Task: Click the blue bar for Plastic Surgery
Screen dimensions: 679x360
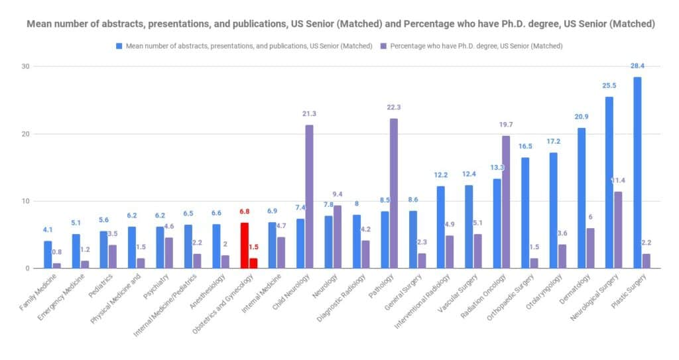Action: [637, 172]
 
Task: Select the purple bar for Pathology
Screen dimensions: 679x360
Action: [394, 193]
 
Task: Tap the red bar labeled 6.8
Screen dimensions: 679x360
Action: [245, 245]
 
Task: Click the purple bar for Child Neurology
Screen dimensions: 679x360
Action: [309, 197]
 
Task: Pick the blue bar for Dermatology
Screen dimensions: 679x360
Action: [581, 198]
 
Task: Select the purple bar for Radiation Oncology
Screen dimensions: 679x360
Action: [506, 202]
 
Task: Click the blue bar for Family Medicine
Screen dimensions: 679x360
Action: [48, 255]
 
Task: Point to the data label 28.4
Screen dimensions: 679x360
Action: [637, 66]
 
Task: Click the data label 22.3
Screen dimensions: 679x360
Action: [394, 107]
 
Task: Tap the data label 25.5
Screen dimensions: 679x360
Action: [609, 86]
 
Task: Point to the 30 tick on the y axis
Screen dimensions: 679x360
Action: [26, 66]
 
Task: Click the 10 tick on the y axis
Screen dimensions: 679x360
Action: [26, 201]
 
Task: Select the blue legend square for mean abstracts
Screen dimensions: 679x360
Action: [119, 46]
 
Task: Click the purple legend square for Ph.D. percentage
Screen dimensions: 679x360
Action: [383, 46]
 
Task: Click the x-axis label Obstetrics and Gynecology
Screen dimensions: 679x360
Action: [223, 304]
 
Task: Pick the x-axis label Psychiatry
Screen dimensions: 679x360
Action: [156, 286]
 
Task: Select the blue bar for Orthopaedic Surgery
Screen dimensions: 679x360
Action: [525, 213]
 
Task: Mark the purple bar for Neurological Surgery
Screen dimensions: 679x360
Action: [618, 230]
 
